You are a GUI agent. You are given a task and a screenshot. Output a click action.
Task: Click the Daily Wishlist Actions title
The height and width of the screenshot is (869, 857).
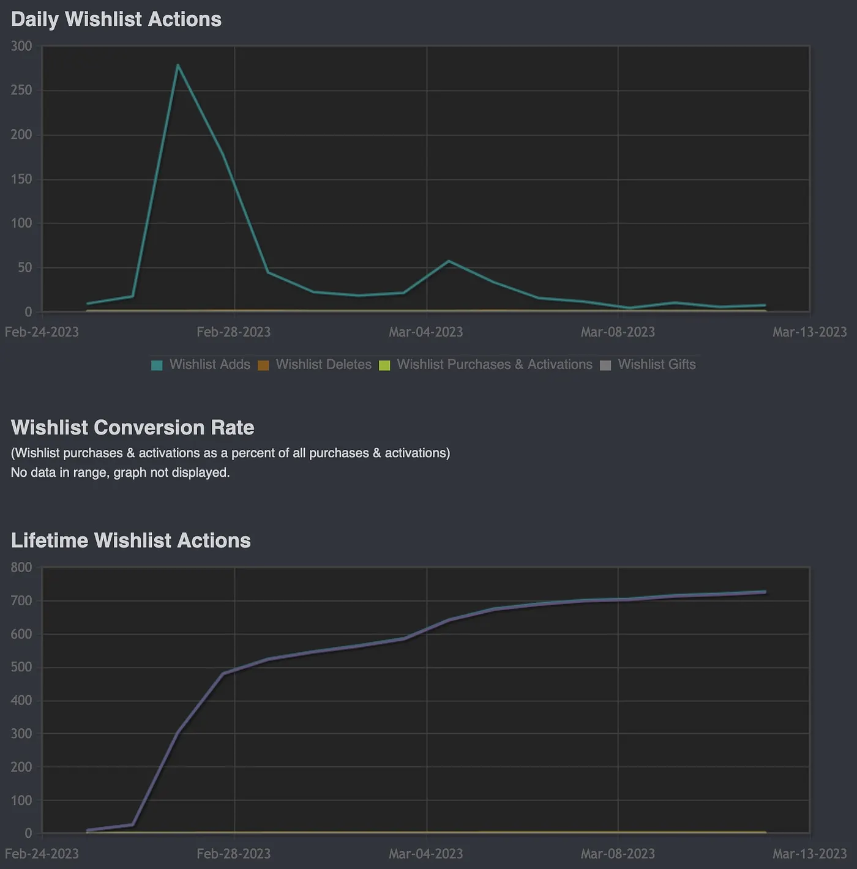tap(116, 20)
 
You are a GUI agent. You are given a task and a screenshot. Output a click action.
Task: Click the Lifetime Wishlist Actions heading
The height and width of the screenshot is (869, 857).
tap(130, 540)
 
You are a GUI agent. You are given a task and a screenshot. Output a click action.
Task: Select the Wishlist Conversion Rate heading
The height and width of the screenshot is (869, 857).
tap(132, 427)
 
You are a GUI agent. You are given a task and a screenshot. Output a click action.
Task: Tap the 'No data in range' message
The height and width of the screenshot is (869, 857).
tap(120, 472)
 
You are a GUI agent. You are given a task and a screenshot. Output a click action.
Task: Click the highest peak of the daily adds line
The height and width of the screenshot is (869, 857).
tap(178, 65)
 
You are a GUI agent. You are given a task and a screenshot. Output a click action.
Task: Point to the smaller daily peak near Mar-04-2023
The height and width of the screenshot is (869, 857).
tap(449, 261)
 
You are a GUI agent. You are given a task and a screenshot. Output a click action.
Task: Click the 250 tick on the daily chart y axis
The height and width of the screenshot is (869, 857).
tap(21, 91)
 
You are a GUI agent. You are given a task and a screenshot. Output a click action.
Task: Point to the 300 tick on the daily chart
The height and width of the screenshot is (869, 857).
tap(21, 47)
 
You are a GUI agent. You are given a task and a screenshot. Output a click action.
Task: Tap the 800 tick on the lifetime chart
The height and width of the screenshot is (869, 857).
tap(21, 568)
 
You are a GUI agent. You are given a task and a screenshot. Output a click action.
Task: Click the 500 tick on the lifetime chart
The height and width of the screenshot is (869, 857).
tap(21, 667)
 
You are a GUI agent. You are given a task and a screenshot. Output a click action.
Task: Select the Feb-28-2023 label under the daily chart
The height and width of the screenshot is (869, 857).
tap(233, 332)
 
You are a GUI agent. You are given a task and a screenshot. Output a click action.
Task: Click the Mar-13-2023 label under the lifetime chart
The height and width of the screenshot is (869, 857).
tap(809, 854)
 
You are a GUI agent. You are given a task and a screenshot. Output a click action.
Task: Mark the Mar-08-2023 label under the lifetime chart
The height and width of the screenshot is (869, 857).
tap(618, 854)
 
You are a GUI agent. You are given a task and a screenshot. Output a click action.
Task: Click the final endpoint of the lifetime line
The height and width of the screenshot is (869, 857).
tap(764, 592)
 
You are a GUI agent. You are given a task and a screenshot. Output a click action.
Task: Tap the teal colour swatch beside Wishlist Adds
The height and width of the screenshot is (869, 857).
tap(157, 365)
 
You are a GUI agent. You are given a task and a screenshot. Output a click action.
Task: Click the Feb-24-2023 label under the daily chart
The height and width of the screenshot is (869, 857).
tap(42, 332)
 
